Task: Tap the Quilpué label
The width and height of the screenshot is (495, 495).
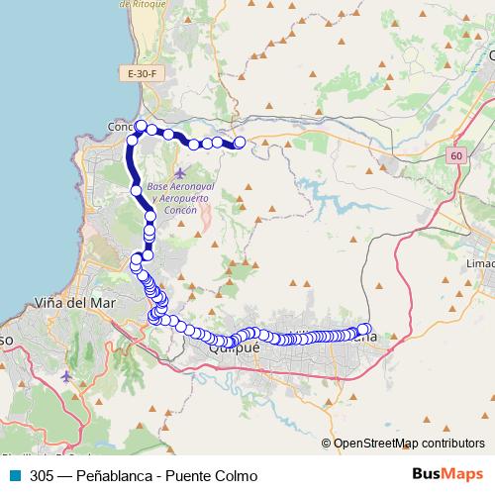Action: tap(234, 348)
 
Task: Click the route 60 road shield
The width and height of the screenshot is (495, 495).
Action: tap(454, 156)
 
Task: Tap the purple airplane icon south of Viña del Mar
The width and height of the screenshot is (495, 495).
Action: tap(65, 376)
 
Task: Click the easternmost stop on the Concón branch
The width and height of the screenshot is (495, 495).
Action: tap(239, 144)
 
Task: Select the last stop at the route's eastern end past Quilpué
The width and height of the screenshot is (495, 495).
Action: tap(364, 329)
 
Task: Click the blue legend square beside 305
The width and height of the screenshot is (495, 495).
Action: tap(14, 475)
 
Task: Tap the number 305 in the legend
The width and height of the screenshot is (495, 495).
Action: tap(42, 475)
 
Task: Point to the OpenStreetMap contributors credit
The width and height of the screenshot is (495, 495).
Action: tap(409, 443)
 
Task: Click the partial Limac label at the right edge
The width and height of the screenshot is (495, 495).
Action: tap(480, 264)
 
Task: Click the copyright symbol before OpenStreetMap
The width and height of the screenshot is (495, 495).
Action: tap(327, 443)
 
